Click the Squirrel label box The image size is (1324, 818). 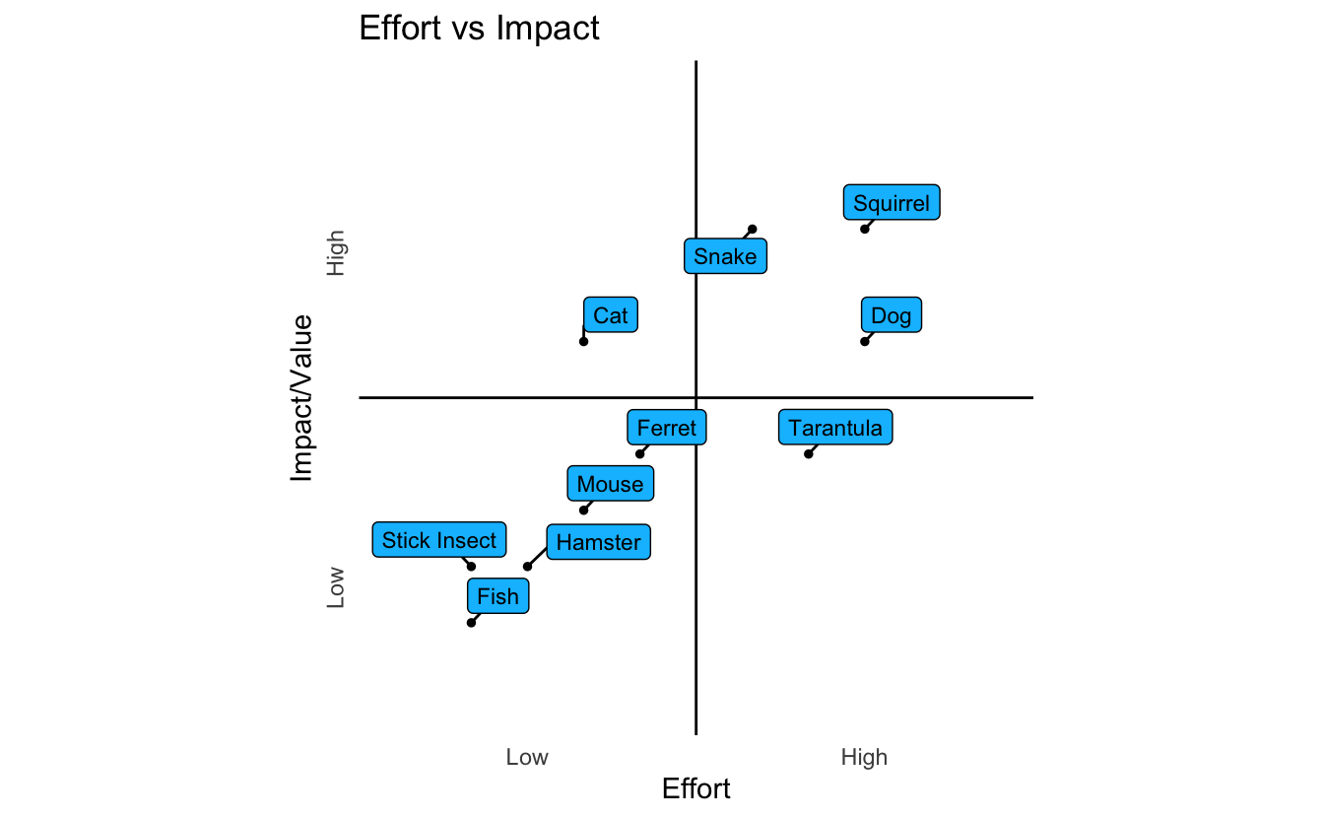[892, 203]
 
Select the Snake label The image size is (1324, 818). [725, 256]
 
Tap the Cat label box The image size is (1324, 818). [611, 315]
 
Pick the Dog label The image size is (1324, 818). [892, 315]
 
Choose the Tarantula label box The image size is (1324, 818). [835, 428]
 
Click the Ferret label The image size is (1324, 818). [667, 428]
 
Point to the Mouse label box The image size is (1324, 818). [611, 484]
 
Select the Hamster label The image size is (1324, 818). [598, 541]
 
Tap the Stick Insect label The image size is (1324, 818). [439, 539]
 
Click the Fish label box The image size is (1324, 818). [497, 595]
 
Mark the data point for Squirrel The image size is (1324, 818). [865, 229]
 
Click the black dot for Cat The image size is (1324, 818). [583, 341]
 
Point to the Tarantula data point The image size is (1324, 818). [809, 453]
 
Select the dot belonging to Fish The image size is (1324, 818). [471, 622]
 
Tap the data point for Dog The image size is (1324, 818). [865, 341]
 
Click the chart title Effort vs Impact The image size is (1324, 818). [479, 28]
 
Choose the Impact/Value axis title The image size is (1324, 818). [301, 397]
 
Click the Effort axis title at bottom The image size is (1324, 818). [696, 788]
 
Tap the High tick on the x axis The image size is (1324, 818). [864, 757]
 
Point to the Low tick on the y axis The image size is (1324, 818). [336, 586]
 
